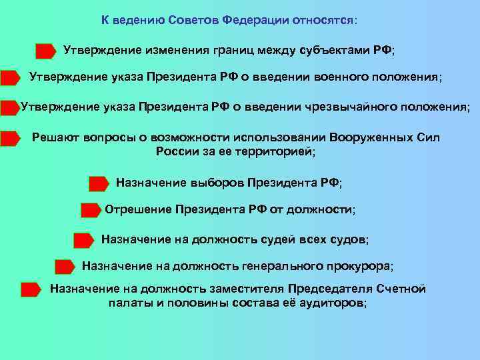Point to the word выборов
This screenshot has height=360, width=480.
click(218, 182)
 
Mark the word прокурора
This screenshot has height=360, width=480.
click(359, 266)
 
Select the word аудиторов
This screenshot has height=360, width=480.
click(326, 303)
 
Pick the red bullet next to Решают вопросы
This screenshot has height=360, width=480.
click(11, 139)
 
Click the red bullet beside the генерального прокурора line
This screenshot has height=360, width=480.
click(65, 267)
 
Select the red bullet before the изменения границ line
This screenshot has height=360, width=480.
click(45, 51)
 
